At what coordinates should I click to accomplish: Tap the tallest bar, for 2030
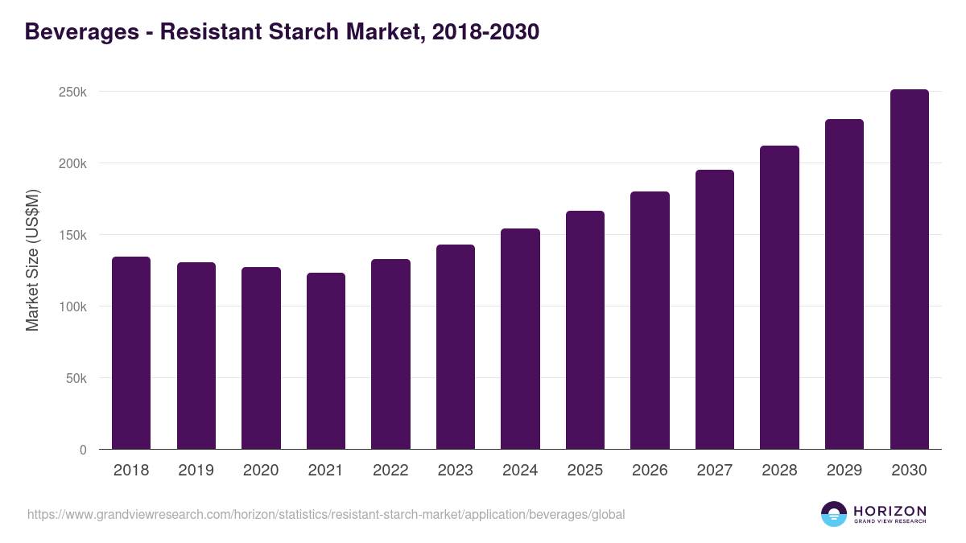tap(909, 269)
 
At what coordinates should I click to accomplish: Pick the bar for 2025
tap(585, 330)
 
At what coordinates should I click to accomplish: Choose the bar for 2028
tap(779, 297)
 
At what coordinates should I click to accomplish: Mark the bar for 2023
tap(456, 347)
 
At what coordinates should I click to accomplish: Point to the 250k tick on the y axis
tap(73, 92)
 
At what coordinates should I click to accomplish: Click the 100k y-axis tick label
tap(73, 306)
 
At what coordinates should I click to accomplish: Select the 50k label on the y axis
tap(76, 378)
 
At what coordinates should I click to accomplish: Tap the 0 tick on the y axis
tap(83, 450)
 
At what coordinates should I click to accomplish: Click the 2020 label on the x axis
tap(261, 471)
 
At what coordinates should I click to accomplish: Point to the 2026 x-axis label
tap(650, 471)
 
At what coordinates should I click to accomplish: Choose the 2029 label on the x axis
tap(844, 471)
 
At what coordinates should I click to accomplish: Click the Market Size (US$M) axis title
tap(32, 261)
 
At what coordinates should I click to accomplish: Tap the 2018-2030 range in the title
tap(485, 32)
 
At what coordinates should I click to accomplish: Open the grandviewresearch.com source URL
tap(326, 514)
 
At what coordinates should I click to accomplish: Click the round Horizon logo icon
tap(834, 514)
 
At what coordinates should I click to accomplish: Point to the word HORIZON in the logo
tap(890, 511)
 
